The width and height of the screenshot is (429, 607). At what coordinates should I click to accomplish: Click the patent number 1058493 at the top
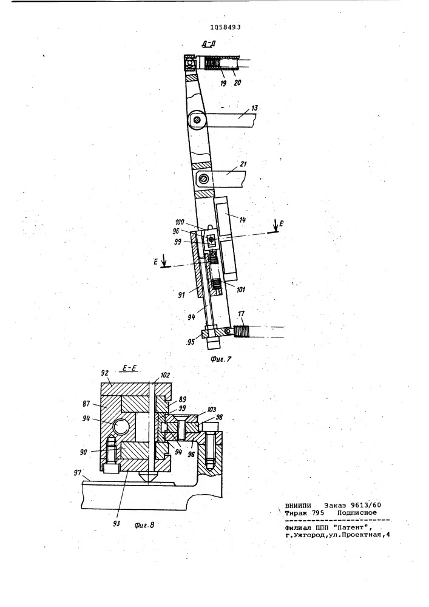click(x=225, y=27)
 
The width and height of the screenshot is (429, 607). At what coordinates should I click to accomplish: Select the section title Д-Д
click(x=209, y=44)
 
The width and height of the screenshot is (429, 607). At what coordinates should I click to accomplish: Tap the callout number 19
click(x=223, y=83)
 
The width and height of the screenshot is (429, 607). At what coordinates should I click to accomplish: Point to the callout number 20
click(x=237, y=83)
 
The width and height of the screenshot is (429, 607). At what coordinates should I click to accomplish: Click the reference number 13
click(x=254, y=108)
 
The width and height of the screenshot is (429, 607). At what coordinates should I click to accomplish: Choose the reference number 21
click(x=243, y=164)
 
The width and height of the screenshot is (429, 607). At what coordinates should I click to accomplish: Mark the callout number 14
click(x=243, y=220)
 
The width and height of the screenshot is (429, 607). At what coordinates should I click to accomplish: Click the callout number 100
click(x=180, y=223)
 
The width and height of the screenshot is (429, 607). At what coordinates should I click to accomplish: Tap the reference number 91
click(x=181, y=295)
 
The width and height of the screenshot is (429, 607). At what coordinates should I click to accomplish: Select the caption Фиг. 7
click(x=221, y=359)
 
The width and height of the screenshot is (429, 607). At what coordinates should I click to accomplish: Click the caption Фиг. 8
click(x=144, y=525)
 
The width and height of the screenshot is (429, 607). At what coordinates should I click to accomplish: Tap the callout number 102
click(x=164, y=375)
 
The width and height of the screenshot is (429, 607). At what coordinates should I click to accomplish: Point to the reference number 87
click(x=86, y=404)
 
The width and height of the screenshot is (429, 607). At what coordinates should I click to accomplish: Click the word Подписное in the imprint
click(x=357, y=512)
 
